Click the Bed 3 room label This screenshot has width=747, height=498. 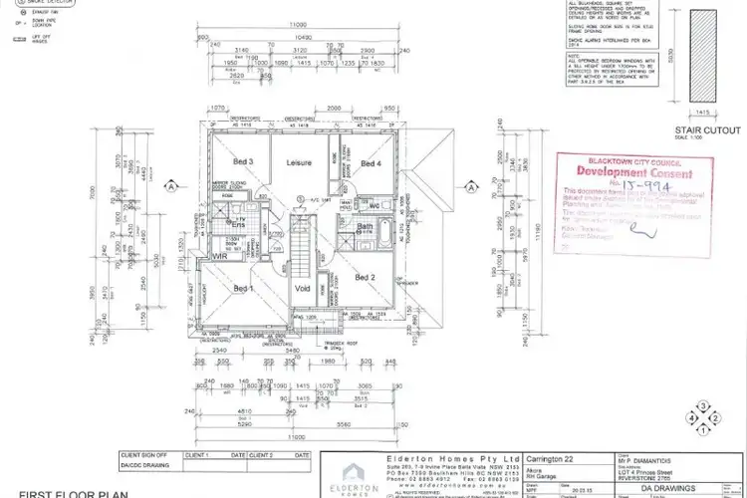[243, 161]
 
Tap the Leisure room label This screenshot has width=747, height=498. [299, 161]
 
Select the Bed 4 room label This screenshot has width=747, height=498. [371, 163]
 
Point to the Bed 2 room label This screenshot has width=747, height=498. [366, 276]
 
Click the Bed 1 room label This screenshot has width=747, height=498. [243, 288]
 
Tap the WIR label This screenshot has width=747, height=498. [221, 256]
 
